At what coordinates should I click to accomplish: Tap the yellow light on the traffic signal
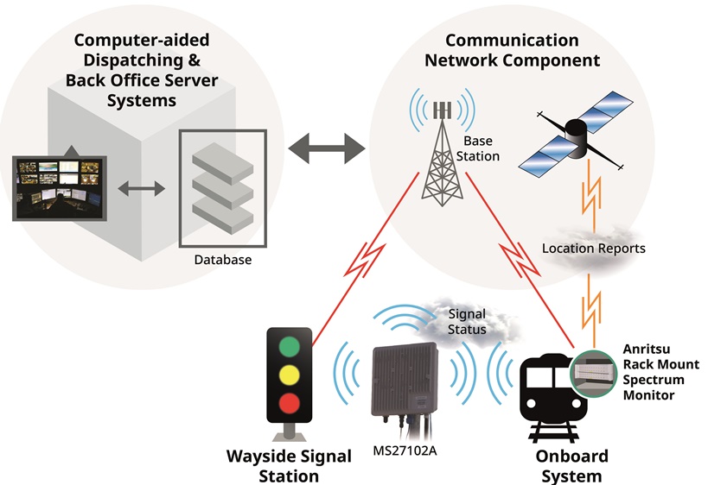(290, 374)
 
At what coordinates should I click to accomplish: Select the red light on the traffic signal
(290, 402)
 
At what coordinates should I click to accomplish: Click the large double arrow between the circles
(328, 148)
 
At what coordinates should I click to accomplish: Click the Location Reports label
(593, 249)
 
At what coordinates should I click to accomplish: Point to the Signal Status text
(467, 322)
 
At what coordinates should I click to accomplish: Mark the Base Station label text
(481, 148)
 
